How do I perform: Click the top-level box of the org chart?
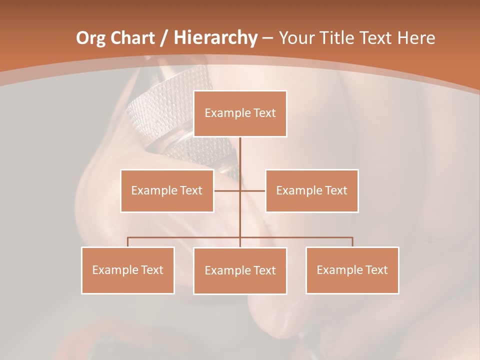click(240, 113)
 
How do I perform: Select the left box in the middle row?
click(167, 190)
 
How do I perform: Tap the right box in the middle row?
click(311, 190)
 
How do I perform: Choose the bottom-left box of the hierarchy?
click(128, 270)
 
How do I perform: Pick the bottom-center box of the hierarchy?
click(240, 270)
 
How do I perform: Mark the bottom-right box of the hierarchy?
click(352, 270)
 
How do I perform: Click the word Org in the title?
click(90, 38)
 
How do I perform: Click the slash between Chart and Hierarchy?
click(164, 38)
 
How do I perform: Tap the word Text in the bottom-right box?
click(376, 270)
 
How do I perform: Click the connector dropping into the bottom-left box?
click(128, 242)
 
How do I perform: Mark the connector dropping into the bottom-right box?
click(352, 242)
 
